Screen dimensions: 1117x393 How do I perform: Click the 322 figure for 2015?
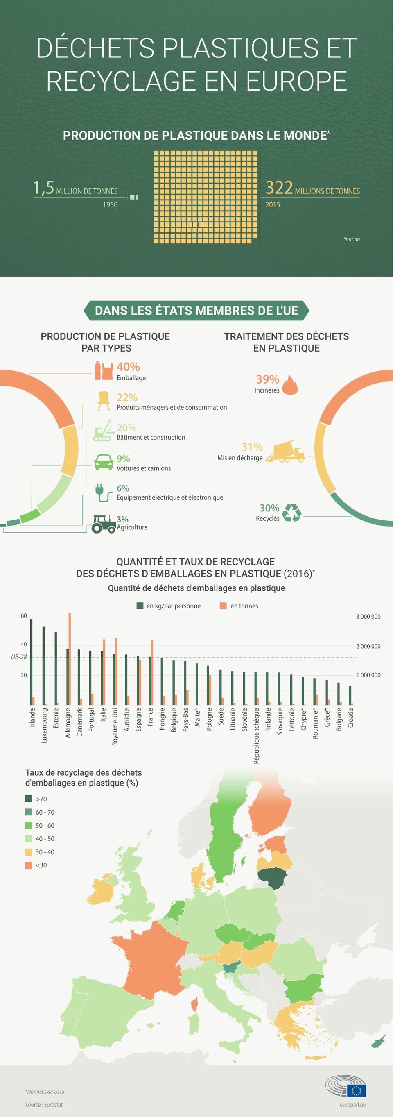[x=279, y=188]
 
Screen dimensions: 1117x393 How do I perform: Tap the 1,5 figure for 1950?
[x=44, y=188]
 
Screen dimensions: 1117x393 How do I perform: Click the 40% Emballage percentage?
[x=128, y=367]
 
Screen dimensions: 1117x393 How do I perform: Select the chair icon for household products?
[x=104, y=400]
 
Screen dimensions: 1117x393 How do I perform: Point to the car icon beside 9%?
[x=103, y=462]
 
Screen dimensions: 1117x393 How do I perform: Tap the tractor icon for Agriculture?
[x=103, y=523]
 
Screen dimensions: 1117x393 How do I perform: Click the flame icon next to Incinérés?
[x=290, y=385]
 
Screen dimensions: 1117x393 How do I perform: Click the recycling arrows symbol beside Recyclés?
[x=291, y=513]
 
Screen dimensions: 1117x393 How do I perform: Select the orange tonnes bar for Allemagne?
[x=70, y=659]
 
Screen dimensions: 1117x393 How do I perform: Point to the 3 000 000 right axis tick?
[x=368, y=617]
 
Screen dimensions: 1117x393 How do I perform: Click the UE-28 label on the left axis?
[x=19, y=657]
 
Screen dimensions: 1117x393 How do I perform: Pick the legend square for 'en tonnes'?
[x=223, y=606]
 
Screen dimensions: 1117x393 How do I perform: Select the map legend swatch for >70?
[x=29, y=799]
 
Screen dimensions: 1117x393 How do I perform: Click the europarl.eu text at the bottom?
[x=354, y=1104]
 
